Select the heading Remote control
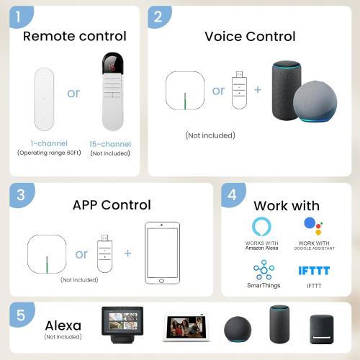pyautogui.click(x=74, y=36)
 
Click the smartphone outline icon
pyautogui.click(x=163, y=254)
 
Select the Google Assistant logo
pyautogui.click(x=313, y=225)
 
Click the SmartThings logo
pyautogui.click(x=264, y=271)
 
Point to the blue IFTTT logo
pyautogui.click(x=313, y=271)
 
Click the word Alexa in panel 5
pyautogui.click(x=63, y=325)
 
